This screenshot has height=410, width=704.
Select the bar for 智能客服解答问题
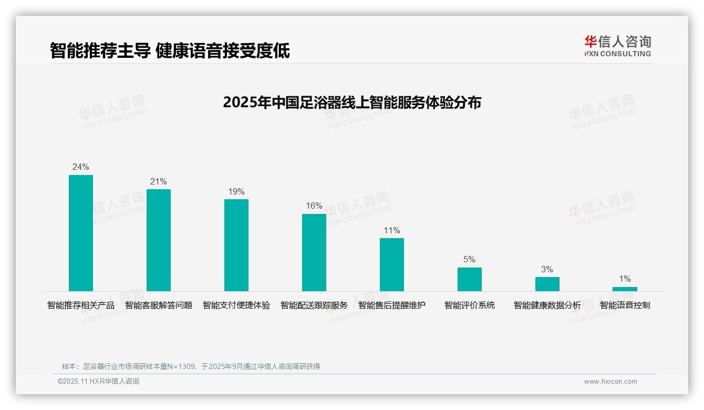[x=159, y=240]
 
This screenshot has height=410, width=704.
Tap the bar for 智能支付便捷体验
[x=236, y=245]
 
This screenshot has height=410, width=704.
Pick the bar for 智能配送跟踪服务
[x=314, y=252]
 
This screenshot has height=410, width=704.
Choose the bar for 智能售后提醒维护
[x=392, y=264]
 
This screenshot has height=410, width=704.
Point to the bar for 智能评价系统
[x=469, y=279]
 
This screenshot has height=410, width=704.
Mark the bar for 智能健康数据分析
[x=547, y=284]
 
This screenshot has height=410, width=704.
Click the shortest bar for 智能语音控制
[x=625, y=289]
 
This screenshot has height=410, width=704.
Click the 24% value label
[x=81, y=167]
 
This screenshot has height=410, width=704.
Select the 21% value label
[x=159, y=182]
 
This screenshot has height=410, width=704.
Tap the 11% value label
[x=392, y=231]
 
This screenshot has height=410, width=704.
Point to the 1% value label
[x=625, y=279]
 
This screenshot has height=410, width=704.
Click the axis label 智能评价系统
[x=470, y=305]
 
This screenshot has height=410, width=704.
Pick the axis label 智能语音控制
[x=625, y=305]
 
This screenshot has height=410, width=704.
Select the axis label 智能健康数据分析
[x=547, y=305]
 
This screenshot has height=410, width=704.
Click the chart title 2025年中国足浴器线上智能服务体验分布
[x=352, y=102]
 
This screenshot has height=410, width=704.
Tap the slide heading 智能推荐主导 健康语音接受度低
[x=170, y=50]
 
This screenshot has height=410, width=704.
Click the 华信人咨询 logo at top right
[x=617, y=46]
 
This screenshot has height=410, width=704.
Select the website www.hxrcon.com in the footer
[x=610, y=382]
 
